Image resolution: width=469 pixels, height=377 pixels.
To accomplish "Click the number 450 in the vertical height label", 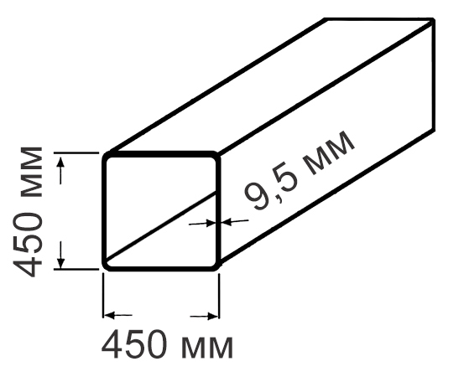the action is coord(28,245).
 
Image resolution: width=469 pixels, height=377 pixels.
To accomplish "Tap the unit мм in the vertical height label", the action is coord(31,172).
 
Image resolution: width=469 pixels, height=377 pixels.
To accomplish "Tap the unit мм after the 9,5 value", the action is coord(329,153).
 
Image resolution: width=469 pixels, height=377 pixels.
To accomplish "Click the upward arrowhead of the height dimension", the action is coord(60,163).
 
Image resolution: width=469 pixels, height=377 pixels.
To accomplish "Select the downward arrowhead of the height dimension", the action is coord(60,261).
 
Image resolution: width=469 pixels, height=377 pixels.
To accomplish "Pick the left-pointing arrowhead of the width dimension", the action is coord(109,315).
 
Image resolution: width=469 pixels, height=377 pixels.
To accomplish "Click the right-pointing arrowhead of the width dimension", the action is coord(212,316).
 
